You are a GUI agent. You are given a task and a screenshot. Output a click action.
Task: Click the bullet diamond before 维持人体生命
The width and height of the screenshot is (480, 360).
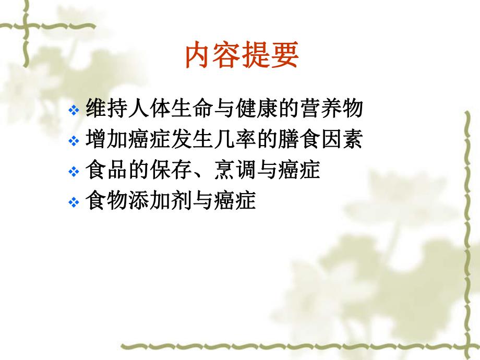[x=74, y=111]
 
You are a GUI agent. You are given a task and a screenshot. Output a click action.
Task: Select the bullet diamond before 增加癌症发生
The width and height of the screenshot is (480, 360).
[x=74, y=141]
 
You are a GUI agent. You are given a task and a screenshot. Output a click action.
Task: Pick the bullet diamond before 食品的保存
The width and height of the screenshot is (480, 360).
[x=74, y=172]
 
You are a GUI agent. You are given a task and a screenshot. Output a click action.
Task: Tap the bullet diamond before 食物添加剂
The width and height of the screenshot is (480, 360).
[x=74, y=202]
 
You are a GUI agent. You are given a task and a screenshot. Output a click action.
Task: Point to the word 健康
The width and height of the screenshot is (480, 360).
[x=252, y=110]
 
